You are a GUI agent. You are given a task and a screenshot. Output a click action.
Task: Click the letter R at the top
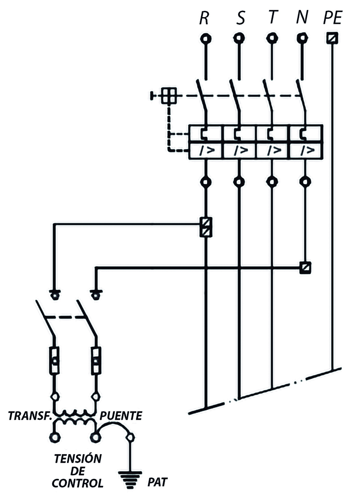pos(204,18)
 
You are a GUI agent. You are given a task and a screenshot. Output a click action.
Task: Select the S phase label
pos(240,18)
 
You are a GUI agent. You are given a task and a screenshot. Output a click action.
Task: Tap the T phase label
pos(273,18)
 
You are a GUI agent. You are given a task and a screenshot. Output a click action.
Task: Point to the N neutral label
pos(302,18)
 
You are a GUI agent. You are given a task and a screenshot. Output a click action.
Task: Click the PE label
pos(333,18)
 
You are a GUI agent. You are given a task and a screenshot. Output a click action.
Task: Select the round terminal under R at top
pos(206,39)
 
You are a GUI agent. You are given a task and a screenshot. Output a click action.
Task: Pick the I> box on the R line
pos(206,150)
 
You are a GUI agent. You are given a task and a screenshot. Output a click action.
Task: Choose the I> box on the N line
pos(306,150)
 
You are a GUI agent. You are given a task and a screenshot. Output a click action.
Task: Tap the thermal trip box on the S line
pos(239,133)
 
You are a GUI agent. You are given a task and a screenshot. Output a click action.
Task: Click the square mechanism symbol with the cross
pos(169,95)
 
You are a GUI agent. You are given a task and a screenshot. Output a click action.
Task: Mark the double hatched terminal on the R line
pos(206,227)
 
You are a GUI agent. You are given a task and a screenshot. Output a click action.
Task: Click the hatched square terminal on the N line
pos(305,267)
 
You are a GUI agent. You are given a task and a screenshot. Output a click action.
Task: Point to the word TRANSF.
pos(30,416)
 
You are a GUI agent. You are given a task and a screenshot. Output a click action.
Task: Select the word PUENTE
pos(121,416)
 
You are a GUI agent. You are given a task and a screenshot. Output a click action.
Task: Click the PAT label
pos(157,482)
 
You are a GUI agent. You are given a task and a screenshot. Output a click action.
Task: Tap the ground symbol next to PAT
pos(130,480)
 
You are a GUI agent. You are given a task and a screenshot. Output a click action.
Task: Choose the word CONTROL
pos(77,483)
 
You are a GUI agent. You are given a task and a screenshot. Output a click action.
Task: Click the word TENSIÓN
pos(78,459)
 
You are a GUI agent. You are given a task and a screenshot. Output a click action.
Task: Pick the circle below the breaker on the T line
pos(272,182)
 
